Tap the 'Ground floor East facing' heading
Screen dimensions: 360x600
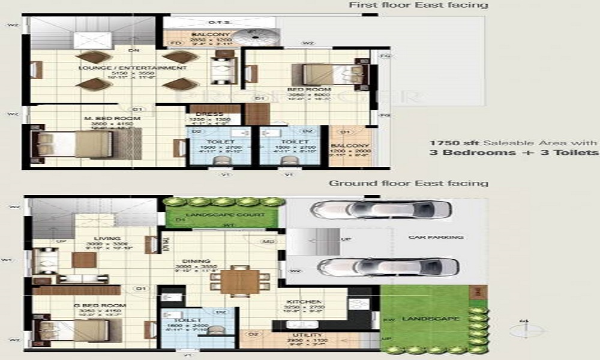409,183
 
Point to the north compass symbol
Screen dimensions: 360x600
527,329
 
